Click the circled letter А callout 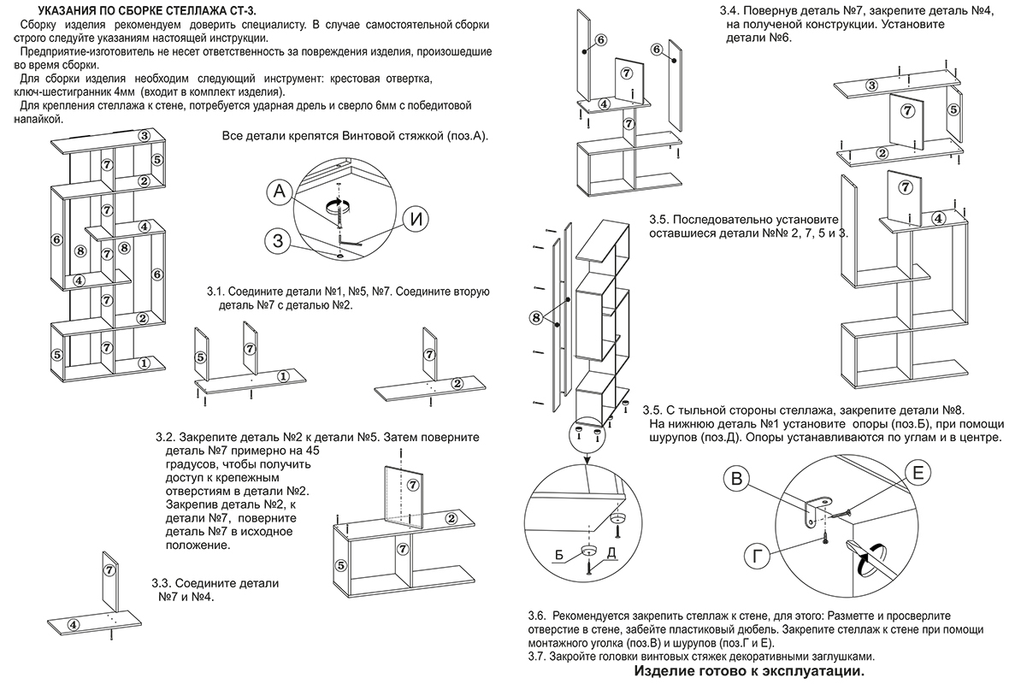(x=280, y=192)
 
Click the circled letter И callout (x=416, y=220)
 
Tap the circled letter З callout (x=278, y=241)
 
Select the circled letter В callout (x=736, y=480)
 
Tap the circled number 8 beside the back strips (x=535, y=317)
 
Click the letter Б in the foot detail (x=559, y=555)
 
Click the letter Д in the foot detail (x=611, y=553)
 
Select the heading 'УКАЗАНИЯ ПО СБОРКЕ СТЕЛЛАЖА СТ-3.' (x=148, y=11)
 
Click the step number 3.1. (x=215, y=292)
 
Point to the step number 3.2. (x=164, y=438)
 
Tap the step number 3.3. (x=161, y=583)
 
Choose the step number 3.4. (x=729, y=11)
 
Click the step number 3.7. (x=537, y=657)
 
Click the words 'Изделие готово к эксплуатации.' (x=749, y=672)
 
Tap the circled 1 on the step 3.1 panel (x=282, y=375)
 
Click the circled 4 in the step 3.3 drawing (x=74, y=624)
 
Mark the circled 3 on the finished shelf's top (x=145, y=136)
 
